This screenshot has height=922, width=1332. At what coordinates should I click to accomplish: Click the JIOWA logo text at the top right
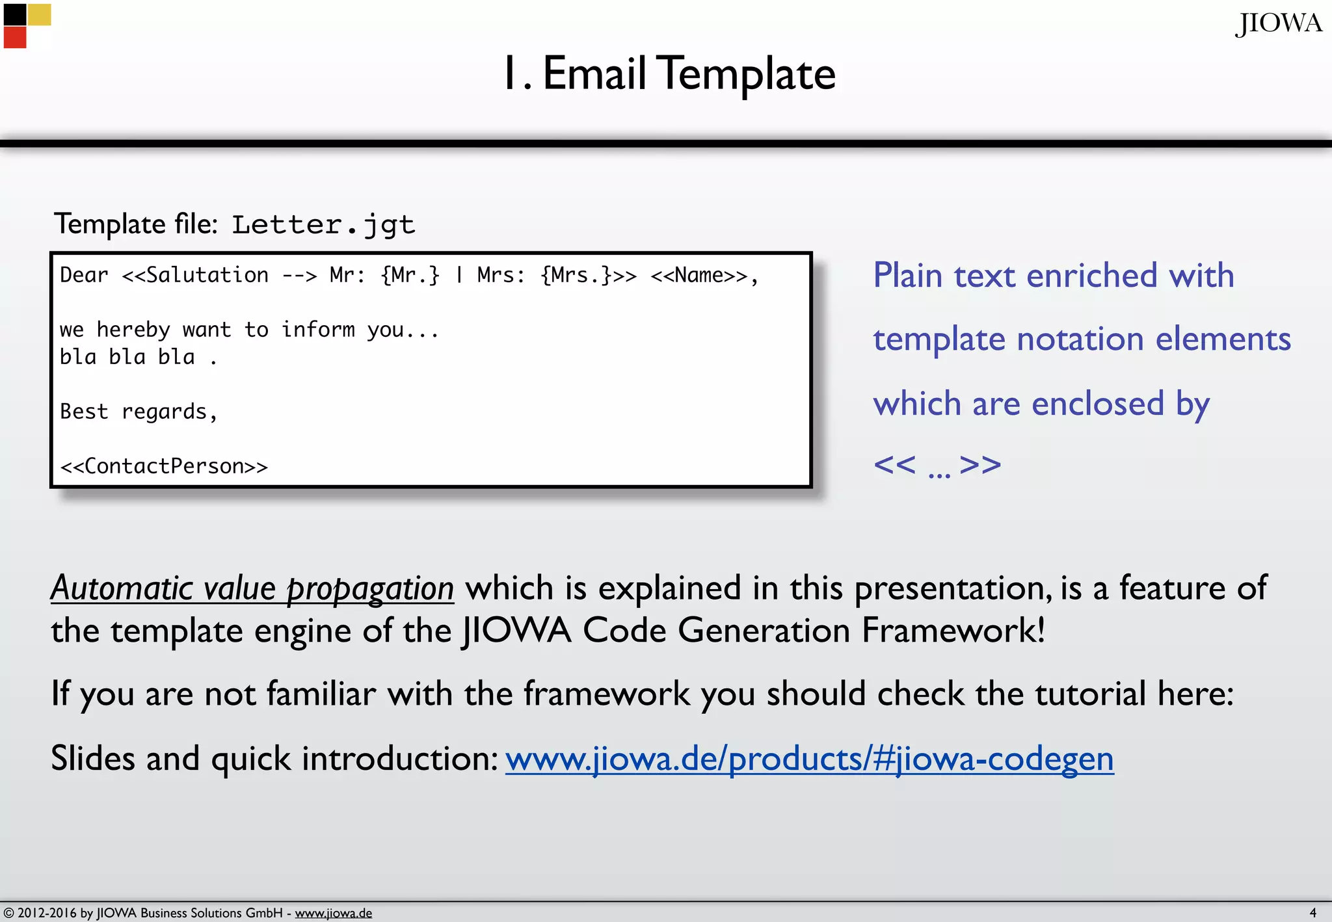coord(1278,24)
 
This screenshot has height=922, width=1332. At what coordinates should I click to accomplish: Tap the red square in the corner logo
coord(15,37)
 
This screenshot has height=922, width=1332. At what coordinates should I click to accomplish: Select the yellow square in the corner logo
coord(39,14)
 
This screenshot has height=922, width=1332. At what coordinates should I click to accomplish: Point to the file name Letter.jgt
coord(323,225)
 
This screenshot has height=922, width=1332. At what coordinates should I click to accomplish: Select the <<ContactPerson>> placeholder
coord(163,466)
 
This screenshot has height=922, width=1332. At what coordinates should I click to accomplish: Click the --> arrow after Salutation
coord(299,276)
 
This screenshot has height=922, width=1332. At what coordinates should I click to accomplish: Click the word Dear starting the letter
coord(84,275)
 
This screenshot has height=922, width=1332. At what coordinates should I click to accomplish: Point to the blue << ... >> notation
coord(937,465)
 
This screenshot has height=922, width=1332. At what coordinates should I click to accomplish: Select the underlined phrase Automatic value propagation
coord(252,588)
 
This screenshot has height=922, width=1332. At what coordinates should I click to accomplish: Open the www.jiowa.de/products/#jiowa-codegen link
coord(809,759)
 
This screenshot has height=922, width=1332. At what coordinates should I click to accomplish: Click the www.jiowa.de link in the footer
coord(333,913)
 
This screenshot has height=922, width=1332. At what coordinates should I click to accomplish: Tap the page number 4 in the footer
coord(1312,912)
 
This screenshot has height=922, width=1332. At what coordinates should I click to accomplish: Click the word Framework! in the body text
coord(953,630)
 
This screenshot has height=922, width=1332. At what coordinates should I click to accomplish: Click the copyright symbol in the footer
coord(8,913)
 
